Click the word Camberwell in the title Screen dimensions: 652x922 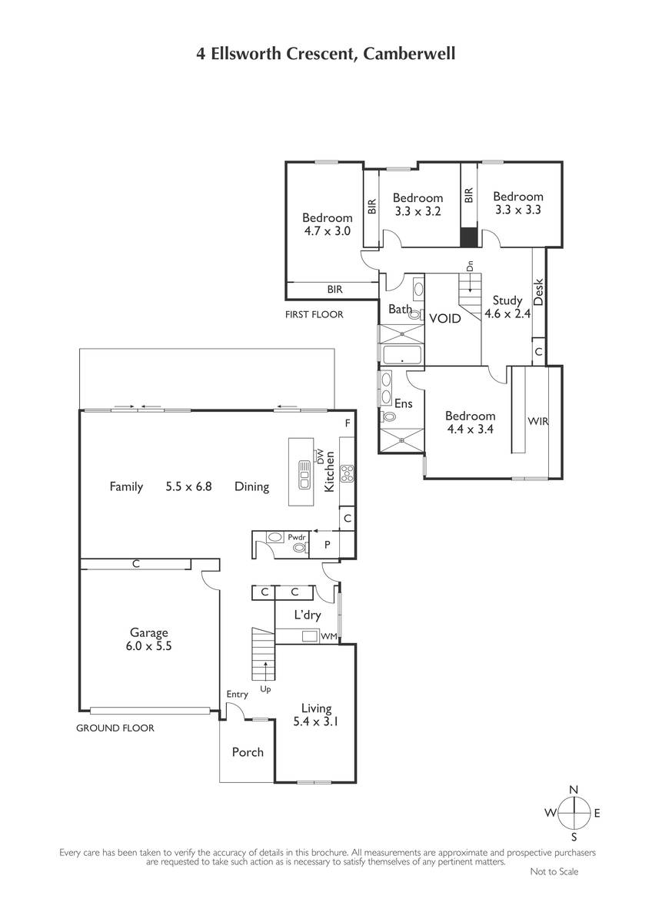click(409, 54)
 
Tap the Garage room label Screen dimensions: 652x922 click(148, 632)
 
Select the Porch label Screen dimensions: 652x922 click(248, 752)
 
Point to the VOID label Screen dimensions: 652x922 click(445, 319)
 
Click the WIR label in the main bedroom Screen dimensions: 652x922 click(538, 421)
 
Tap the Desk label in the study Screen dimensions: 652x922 click(538, 292)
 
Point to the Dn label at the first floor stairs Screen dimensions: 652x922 click(470, 266)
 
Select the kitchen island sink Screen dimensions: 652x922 click(304, 475)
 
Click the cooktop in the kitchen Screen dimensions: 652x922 click(348, 473)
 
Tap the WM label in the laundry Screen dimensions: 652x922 click(328, 636)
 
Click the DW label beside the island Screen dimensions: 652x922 click(321, 456)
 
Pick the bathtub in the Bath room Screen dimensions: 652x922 click(402, 355)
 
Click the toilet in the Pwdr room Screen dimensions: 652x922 click(299, 547)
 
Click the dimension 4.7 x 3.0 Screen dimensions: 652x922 click(327, 231)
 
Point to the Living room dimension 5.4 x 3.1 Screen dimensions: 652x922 click(315, 721)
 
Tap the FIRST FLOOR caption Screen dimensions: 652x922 click(314, 314)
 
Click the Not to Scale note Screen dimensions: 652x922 click(554, 871)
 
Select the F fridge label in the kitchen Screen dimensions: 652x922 click(348, 423)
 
